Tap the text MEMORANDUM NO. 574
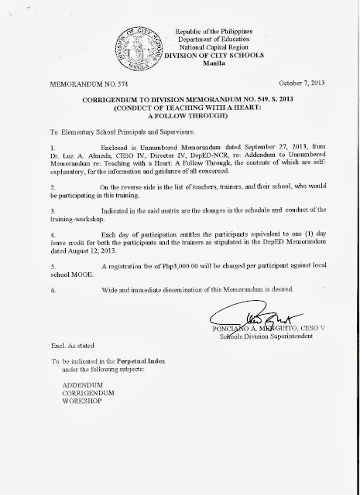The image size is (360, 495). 74,80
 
